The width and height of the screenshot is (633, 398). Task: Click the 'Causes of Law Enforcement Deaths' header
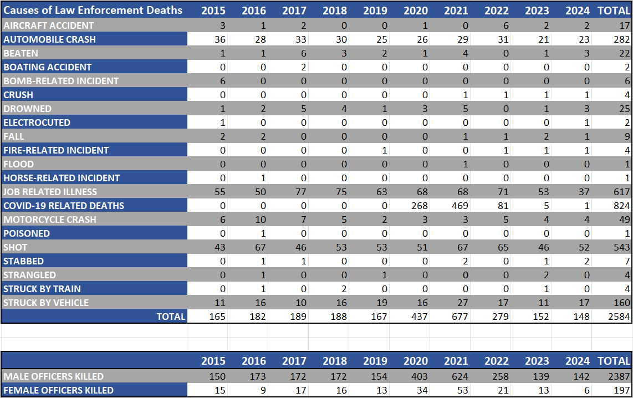point(93,10)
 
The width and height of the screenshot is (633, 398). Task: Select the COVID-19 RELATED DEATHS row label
point(64,206)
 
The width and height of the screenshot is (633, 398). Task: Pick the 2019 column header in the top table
point(375,10)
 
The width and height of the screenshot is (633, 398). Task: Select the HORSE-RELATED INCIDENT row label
point(62,178)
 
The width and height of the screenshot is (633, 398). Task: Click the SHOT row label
point(16,247)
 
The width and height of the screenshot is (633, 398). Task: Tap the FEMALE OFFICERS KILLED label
point(58,390)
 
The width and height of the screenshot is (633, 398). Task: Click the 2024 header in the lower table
point(578,361)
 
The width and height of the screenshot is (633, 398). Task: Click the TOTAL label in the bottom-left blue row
point(171,317)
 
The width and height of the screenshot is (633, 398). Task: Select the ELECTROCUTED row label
point(37,123)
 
